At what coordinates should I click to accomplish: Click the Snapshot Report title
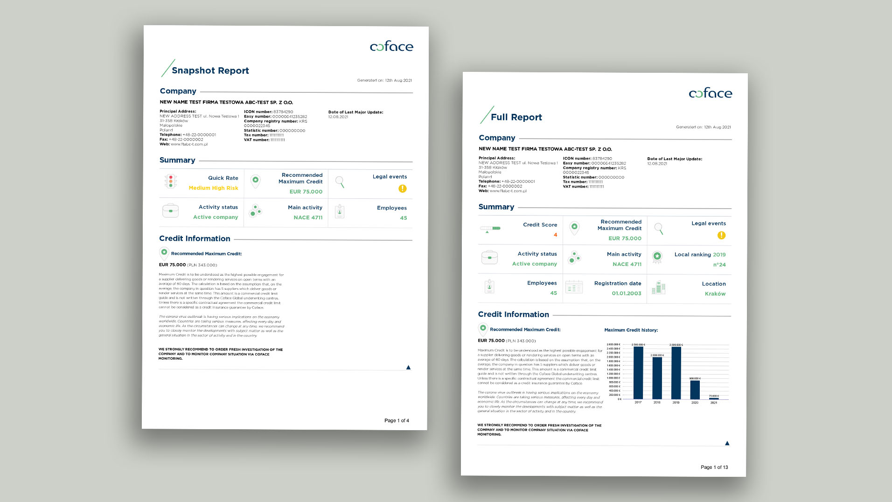click(x=210, y=70)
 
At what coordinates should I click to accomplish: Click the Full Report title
click(x=516, y=117)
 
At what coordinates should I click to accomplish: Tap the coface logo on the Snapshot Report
click(x=391, y=46)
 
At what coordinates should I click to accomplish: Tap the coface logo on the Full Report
click(x=710, y=93)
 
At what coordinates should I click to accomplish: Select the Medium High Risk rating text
click(x=213, y=188)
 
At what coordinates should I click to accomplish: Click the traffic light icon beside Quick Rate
click(x=171, y=181)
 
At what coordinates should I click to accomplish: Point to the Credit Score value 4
click(x=555, y=235)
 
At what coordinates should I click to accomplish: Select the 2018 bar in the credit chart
click(x=657, y=378)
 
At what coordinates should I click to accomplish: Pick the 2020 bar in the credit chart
click(x=695, y=390)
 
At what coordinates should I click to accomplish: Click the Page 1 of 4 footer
click(x=397, y=420)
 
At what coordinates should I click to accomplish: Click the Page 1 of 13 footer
click(x=714, y=467)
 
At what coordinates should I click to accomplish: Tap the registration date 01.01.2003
click(x=626, y=293)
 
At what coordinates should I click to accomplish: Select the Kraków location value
click(x=715, y=294)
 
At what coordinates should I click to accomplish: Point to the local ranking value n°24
click(x=719, y=265)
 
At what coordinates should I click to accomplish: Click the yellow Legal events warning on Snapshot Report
click(x=403, y=188)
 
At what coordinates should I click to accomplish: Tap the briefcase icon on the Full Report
click(x=489, y=258)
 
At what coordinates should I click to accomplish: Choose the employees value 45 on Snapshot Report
click(x=403, y=218)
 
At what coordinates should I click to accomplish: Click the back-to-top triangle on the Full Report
click(x=727, y=443)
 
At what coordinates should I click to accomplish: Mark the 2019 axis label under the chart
click(x=676, y=403)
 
